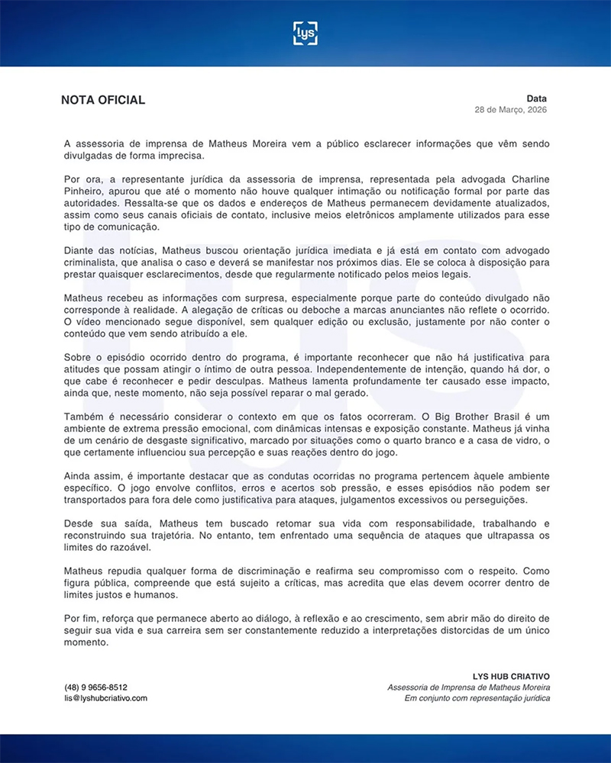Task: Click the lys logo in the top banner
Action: pyautogui.click(x=305, y=33)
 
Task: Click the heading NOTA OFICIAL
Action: pyautogui.click(x=103, y=100)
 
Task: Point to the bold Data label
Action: pyautogui.click(x=536, y=98)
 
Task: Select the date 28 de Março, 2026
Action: pyautogui.click(x=511, y=110)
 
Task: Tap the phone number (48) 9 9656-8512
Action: pyautogui.click(x=95, y=687)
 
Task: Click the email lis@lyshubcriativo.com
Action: pyautogui.click(x=105, y=697)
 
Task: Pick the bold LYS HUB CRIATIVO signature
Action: pyautogui.click(x=511, y=676)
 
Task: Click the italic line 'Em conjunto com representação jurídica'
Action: pyautogui.click(x=477, y=697)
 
